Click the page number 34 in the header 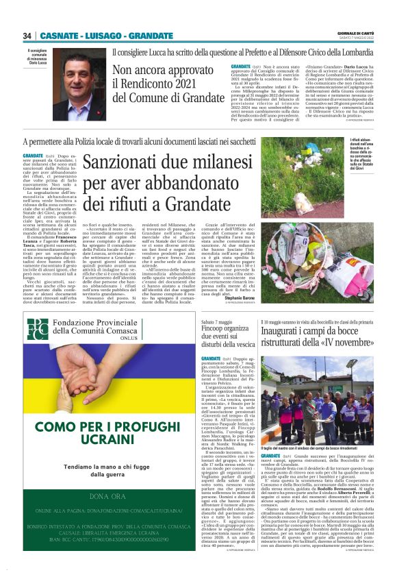pos(27,36)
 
